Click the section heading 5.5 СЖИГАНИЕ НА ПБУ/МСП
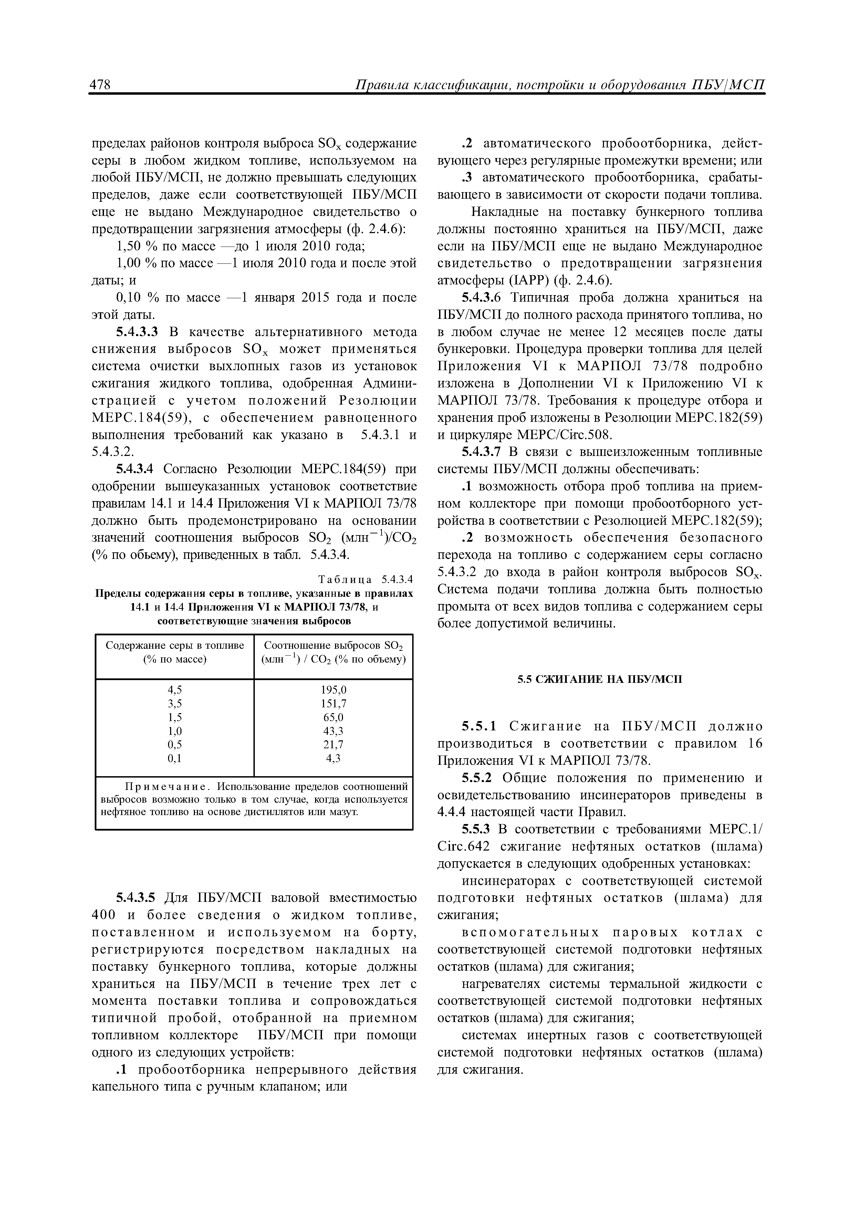599,679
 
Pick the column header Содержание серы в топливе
175,646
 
